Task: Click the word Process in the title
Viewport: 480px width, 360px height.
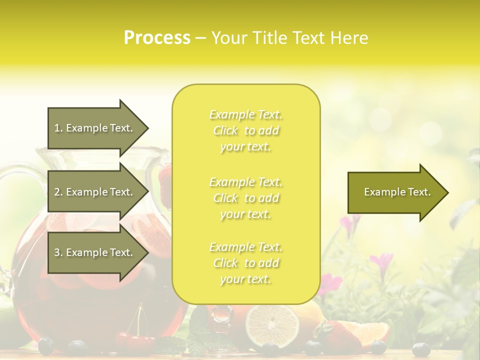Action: click(x=157, y=38)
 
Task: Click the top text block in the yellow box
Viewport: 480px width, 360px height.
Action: click(x=245, y=130)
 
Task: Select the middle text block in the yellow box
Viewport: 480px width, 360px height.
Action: click(x=245, y=198)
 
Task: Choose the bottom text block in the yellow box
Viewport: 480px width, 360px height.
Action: click(x=245, y=263)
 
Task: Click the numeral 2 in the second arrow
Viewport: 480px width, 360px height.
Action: click(x=57, y=192)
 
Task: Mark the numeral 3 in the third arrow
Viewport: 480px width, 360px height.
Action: click(x=57, y=252)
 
